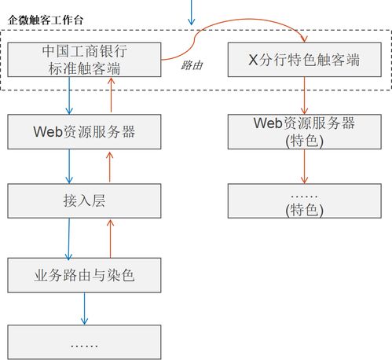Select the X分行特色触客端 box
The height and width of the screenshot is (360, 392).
(x=304, y=60)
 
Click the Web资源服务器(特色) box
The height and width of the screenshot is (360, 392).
(x=304, y=131)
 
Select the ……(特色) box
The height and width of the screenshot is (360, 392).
(x=304, y=201)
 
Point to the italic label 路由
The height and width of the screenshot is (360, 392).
(x=192, y=66)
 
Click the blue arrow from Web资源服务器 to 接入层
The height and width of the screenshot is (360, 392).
(x=69, y=166)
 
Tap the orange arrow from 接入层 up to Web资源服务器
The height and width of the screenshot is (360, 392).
(x=109, y=166)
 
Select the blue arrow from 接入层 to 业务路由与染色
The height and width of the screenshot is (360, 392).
(x=69, y=238)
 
